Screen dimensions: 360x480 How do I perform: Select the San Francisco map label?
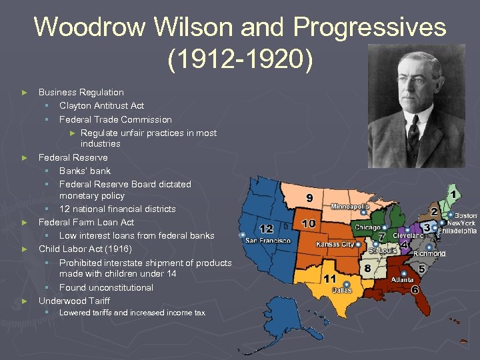(x=268, y=240)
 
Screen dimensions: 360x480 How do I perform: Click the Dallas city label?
(x=342, y=290)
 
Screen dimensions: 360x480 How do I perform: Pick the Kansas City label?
(x=335, y=244)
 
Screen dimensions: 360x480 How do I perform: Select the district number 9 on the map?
(x=309, y=198)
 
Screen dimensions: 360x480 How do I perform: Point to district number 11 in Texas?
(x=330, y=277)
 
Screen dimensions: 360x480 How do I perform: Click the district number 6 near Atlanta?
(x=415, y=290)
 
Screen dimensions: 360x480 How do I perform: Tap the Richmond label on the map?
(x=429, y=254)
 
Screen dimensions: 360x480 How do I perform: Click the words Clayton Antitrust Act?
(x=101, y=105)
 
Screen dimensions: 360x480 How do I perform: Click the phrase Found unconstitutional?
(x=106, y=287)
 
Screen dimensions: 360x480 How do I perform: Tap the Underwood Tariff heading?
(x=74, y=301)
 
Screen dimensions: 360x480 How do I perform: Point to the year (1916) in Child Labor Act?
(x=118, y=249)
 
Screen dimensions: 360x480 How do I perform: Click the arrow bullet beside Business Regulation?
(x=25, y=93)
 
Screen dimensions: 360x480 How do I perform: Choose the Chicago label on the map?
(x=367, y=228)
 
